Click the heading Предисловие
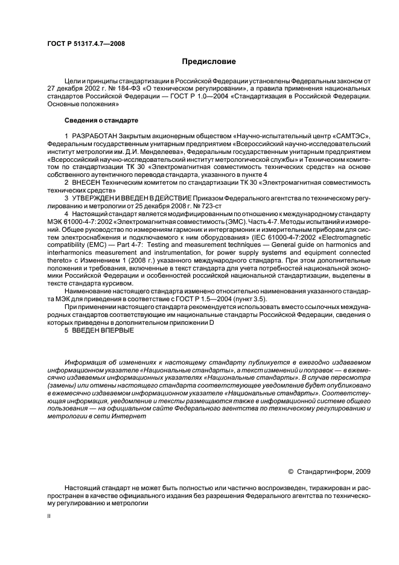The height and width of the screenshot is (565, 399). [209, 62]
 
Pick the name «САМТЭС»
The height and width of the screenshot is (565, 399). [353, 136]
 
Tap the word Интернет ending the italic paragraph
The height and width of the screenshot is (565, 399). [129, 417]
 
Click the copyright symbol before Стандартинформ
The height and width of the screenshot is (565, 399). [292, 471]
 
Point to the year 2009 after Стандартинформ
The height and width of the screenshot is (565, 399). [362, 471]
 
